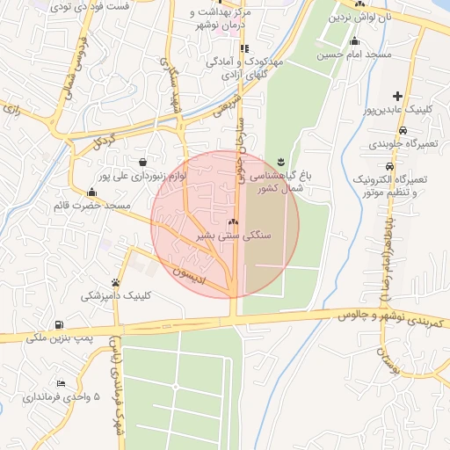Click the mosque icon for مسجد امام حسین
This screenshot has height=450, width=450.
[354, 41]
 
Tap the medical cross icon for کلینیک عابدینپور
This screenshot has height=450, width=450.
[398, 97]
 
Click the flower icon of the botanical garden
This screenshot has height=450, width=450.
[280, 161]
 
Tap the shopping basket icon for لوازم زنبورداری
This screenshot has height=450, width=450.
[142, 162]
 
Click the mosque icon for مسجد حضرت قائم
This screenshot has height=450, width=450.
[92, 192]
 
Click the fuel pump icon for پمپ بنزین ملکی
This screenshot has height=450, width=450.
[59, 324]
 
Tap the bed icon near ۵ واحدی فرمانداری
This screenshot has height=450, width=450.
[61, 383]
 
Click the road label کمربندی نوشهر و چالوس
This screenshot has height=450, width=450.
[367, 315]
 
